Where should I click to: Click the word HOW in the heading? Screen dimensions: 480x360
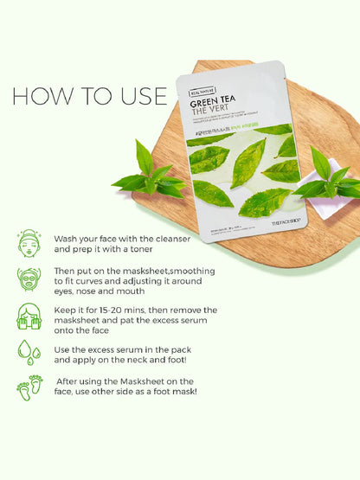41,96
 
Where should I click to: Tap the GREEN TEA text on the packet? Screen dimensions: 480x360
209,98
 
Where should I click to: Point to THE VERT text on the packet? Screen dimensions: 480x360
206,109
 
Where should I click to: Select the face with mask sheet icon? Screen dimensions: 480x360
30,278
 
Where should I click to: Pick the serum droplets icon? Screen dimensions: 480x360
30,351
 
